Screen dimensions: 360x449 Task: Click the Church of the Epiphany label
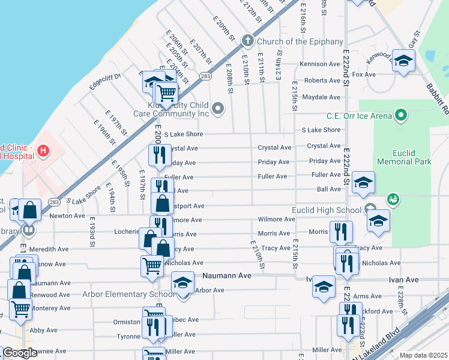tap(300, 41)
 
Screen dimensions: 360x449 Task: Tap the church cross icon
tap(246, 41)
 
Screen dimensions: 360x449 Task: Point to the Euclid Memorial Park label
tap(404, 157)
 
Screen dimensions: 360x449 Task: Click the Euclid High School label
tap(326, 210)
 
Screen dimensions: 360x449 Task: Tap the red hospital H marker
tap(43, 151)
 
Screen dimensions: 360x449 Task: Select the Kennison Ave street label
tap(322, 64)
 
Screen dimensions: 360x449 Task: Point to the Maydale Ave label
tap(321, 97)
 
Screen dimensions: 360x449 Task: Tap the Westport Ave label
tap(187, 205)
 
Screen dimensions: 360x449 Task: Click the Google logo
tap(19, 353)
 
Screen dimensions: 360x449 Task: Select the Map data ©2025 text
tap(424, 355)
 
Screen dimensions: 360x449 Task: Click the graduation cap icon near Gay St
tap(403, 60)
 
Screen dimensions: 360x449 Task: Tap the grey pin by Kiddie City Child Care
tap(218, 109)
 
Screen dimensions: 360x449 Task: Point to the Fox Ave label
tap(363, 74)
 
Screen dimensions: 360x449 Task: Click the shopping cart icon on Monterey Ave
tap(21, 308)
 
